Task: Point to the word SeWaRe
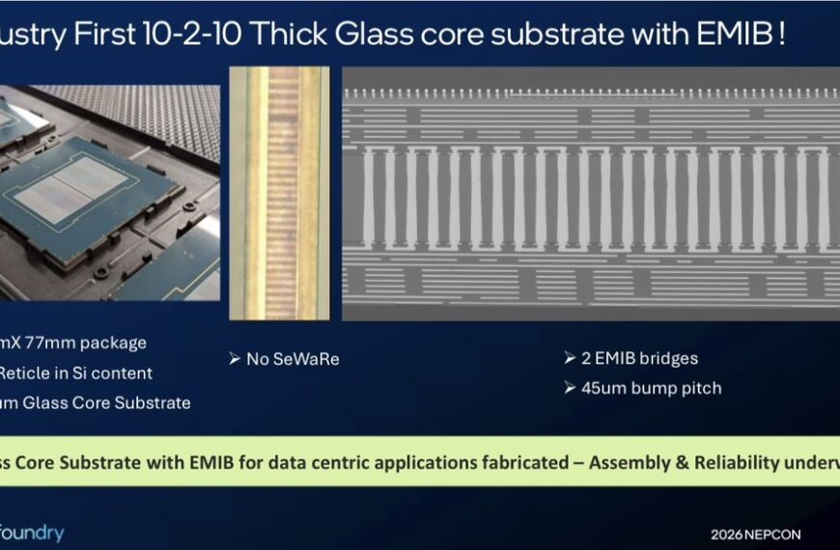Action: tap(307, 359)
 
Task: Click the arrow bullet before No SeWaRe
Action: tap(235, 359)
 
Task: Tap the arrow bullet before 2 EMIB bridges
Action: tap(571, 358)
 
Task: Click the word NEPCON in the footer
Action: tap(775, 535)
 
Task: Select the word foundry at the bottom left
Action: tap(32, 533)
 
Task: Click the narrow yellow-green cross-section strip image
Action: tap(279, 193)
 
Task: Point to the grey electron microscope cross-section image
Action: tap(591, 193)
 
